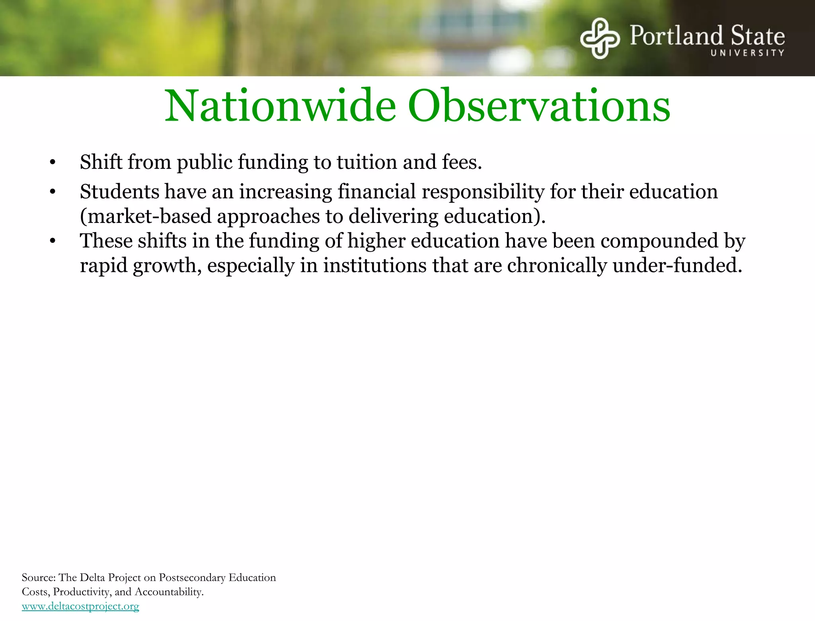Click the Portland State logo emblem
click(600, 38)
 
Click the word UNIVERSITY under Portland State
click(747, 53)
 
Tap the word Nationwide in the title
click(281, 106)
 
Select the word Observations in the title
click(539, 106)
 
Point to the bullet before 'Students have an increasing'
click(53, 192)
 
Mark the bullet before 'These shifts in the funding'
click(53, 241)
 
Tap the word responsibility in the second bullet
click(483, 192)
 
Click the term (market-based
click(146, 217)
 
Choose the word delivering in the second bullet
click(393, 217)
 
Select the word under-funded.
click(677, 266)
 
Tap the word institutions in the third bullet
click(374, 266)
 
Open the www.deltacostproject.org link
click(80, 606)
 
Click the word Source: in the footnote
click(39, 578)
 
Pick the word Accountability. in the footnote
click(169, 592)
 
